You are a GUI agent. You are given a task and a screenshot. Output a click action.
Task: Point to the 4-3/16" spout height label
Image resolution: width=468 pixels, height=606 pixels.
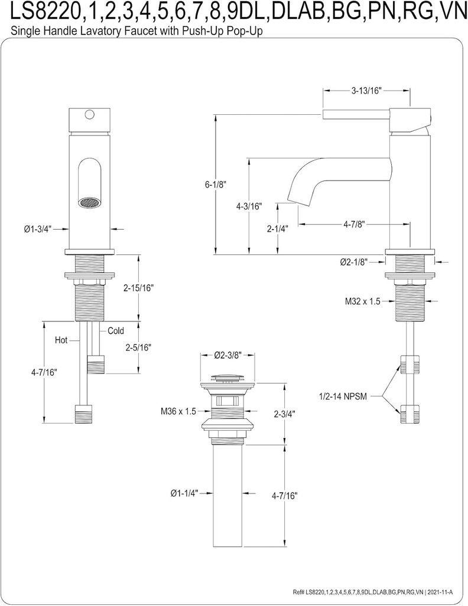pyautogui.click(x=248, y=207)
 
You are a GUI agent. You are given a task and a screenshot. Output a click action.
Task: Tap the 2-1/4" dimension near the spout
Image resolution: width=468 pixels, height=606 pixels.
pyautogui.click(x=278, y=229)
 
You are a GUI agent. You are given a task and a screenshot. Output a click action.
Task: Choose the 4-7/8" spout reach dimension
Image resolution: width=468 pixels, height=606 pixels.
pyautogui.click(x=353, y=224)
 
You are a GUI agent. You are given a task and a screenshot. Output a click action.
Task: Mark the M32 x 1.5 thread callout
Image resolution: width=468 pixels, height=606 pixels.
pyautogui.click(x=362, y=301)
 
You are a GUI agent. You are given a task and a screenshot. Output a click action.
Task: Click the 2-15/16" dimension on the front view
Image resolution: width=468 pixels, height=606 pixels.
pyautogui.click(x=138, y=288)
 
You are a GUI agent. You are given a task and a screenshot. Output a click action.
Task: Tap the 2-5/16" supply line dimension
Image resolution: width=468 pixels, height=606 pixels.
pyautogui.click(x=138, y=347)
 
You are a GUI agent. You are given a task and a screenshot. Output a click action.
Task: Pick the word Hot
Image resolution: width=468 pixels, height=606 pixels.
pyautogui.click(x=61, y=340)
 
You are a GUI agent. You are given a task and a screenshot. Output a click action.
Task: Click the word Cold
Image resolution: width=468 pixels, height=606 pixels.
pyautogui.click(x=116, y=331)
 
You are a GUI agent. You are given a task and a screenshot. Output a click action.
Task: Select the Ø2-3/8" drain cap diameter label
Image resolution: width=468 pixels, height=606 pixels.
pyautogui.click(x=227, y=356)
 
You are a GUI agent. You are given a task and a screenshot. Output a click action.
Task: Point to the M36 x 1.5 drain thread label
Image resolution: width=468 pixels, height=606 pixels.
pyautogui.click(x=177, y=411)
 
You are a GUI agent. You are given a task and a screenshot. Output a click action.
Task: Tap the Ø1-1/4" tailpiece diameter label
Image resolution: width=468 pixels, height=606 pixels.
pyautogui.click(x=183, y=492)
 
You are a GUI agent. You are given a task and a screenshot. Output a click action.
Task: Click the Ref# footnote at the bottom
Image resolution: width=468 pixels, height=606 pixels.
pyautogui.click(x=378, y=592)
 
